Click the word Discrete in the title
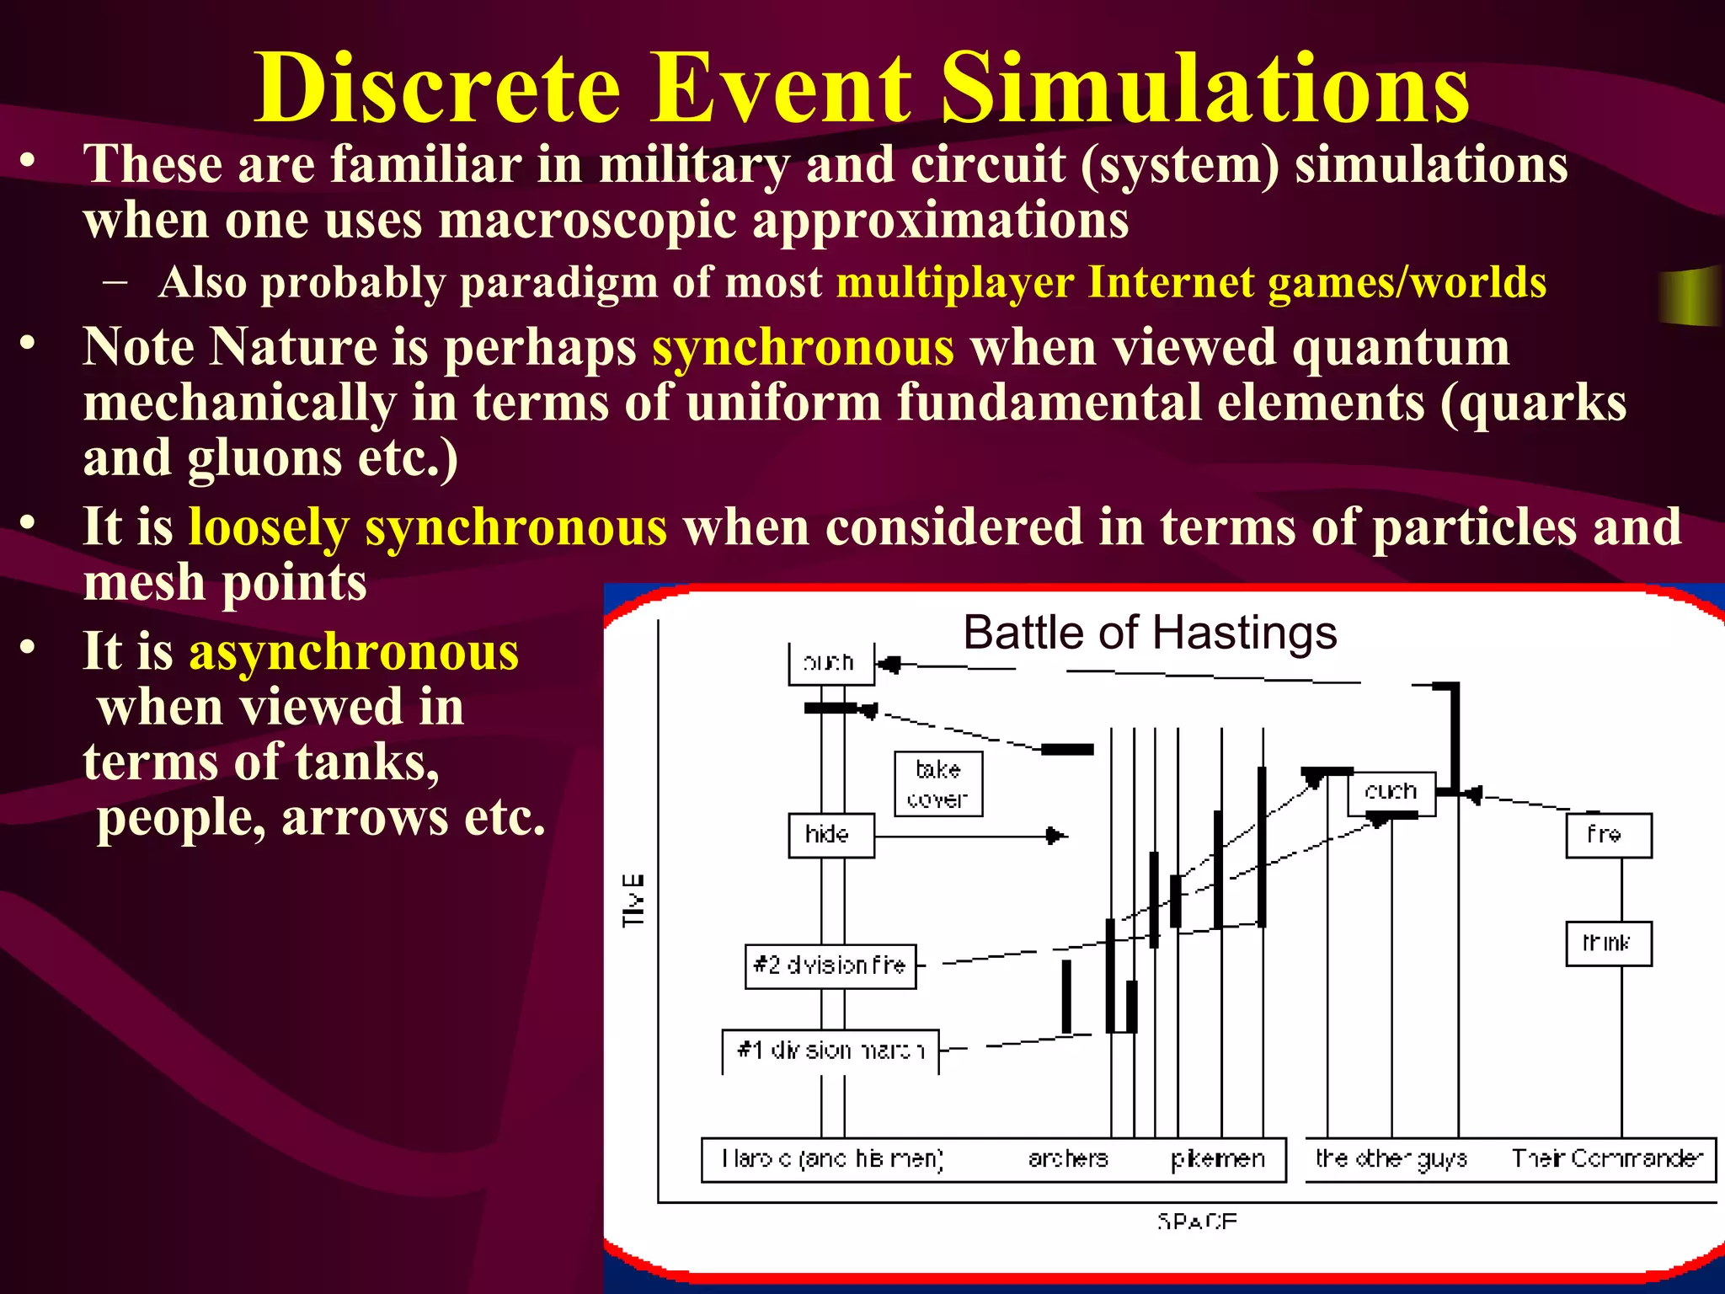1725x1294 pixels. [x=438, y=88]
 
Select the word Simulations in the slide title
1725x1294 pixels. [x=1204, y=88]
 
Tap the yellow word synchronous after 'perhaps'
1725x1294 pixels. [x=803, y=348]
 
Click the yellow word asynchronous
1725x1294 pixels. [x=354, y=653]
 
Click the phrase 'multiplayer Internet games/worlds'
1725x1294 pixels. [x=1191, y=282]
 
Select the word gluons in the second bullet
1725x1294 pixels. [x=264, y=458]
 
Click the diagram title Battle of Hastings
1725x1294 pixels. [x=1150, y=633]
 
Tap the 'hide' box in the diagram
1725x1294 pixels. [x=830, y=835]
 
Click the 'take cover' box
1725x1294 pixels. [x=937, y=783]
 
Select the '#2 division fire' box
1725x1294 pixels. [x=830, y=965]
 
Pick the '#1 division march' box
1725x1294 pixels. [x=830, y=1051]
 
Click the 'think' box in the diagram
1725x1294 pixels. [x=1608, y=944]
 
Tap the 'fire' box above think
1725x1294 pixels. [x=1608, y=835]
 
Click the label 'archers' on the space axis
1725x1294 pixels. [x=1068, y=1159]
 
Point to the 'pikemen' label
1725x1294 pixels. [x=1218, y=1159]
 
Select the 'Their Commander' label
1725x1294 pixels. [x=1607, y=1159]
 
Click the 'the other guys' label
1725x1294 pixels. [x=1391, y=1159]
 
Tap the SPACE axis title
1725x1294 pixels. [x=1197, y=1221]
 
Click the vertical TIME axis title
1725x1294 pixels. [x=633, y=901]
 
